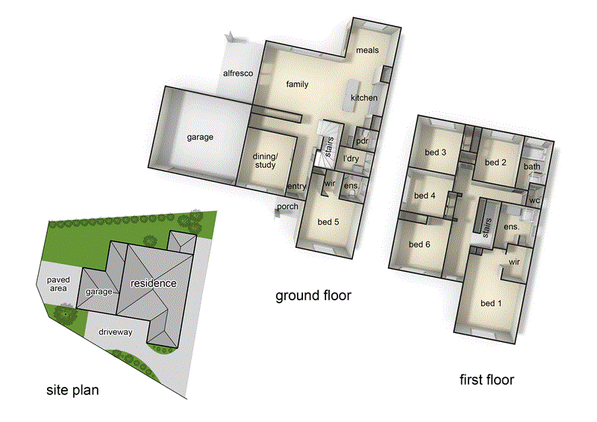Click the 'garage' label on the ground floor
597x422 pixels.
(x=200, y=137)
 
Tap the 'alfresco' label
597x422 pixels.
(x=239, y=73)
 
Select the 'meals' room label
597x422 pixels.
(x=367, y=50)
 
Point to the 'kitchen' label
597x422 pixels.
(x=364, y=98)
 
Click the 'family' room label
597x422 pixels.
(x=297, y=84)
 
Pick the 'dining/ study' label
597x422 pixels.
(x=265, y=160)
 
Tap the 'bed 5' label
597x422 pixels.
(x=328, y=221)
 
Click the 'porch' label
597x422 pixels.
(x=287, y=207)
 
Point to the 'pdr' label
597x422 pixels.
(x=363, y=140)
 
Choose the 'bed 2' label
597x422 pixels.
(x=496, y=162)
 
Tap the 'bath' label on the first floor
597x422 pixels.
(x=532, y=167)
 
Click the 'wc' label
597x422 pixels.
(x=534, y=200)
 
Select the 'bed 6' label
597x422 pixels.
(x=419, y=245)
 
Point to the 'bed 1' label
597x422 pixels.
(x=491, y=302)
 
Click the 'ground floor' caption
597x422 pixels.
(x=313, y=296)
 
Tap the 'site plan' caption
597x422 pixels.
(x=72, y=389)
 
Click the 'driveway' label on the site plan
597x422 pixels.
(x=113, y=332)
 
